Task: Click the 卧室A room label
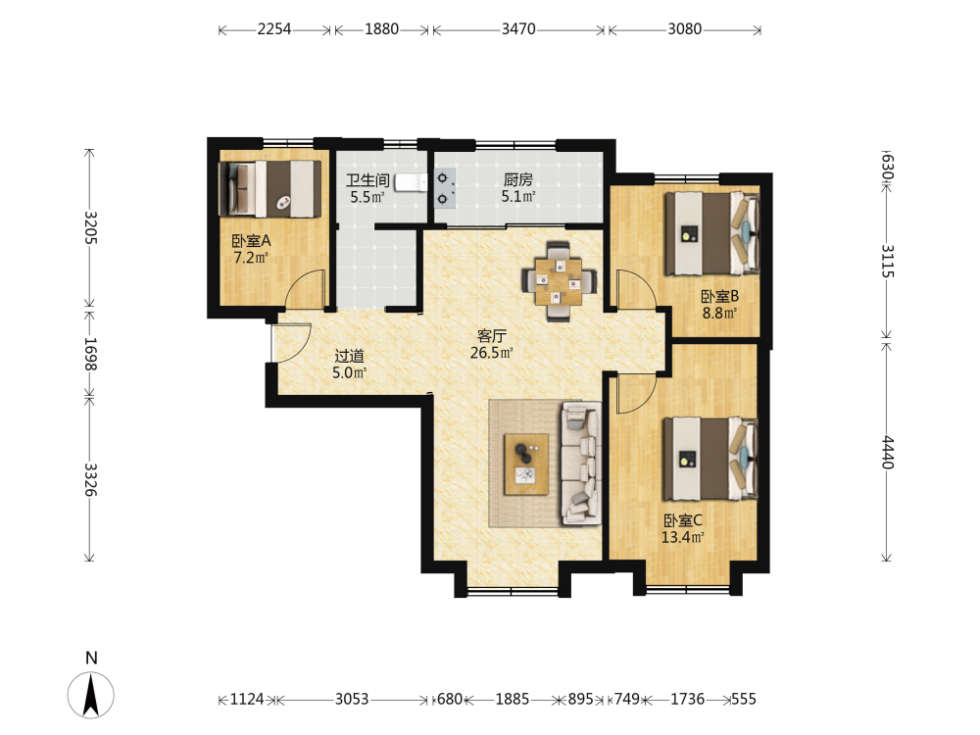pyautogui.click(x=251, y=241)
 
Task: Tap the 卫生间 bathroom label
pyautogui.click(x=367, y=180)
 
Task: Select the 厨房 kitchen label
pyautogui.click(x=518, y=180)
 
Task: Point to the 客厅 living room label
pyautogui.click(x=492, y=336)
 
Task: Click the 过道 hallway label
pyautogui.click(x=350, y=357)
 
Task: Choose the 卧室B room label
pyautogui.click(x=719, y=296)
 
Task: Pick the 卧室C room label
pyautogui.click(x=682, y=520)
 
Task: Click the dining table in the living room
pyautogui.click(x=559, y=282)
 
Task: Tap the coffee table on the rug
pyautogui.click(x=526, y=465)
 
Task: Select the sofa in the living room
pyautogui.click(x=581, y=464)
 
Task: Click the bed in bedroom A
pyautogui.click(x=269, y=189)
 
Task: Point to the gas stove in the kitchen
pyautogui.click(x=443, y=189)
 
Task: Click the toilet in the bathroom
pyautogui.click(x=411, y=181)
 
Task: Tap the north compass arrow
pyautogui.click(x=91, y=695)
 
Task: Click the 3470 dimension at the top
pyautogui.click(x=518, y=28)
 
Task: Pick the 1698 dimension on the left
pyautogui.click(x=90, y=354)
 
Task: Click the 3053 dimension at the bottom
pyautogui.click(x=352, y=699)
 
